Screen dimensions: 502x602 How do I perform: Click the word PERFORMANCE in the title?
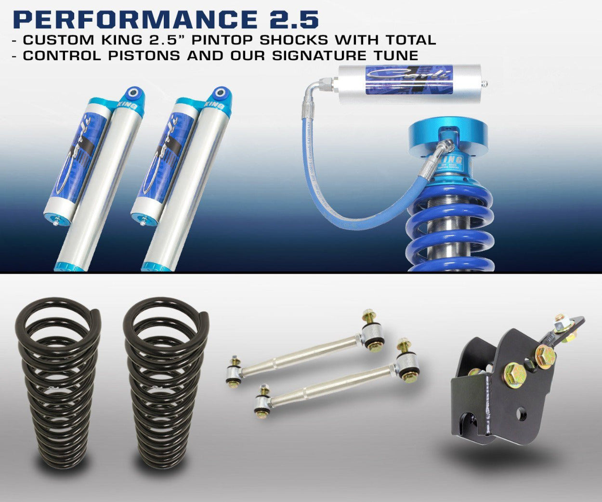pyautogui.click(x=133, y=19)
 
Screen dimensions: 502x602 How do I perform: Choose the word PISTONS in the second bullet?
pyautogui.click(x=144, y=55)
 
